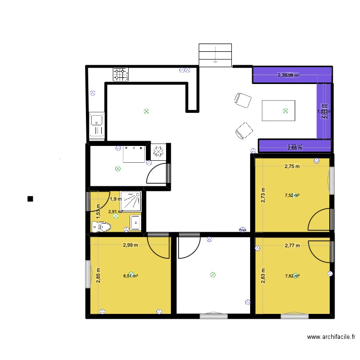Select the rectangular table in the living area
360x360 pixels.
(x=278, y=110)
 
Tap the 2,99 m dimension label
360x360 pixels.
(x=130, y=245)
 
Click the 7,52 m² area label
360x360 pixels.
(x=292, y=195)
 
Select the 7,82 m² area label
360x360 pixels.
(x=292, y=276)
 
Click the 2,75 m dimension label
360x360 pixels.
(x=292, y=167)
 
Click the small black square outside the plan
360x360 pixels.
(x=30, y=199)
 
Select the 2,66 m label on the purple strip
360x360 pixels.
(x=294, y=148)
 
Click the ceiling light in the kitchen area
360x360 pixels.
(x=146, y=111)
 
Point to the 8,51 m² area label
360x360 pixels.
(x=131, y=276)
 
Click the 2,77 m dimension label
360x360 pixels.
(x=292, y=245)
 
